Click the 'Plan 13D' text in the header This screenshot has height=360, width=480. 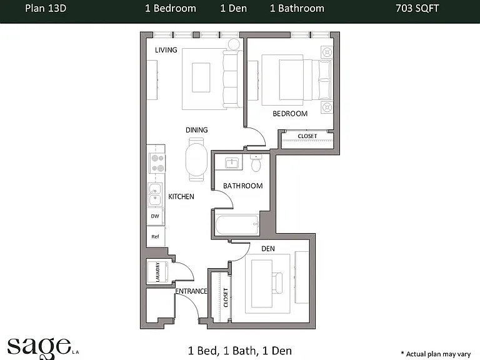(x=46, y=8)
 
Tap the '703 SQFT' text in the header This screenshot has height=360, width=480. (x=417, y=8)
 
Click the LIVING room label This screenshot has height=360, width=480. (x=166, y=50)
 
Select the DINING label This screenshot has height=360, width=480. (x=196, y=130)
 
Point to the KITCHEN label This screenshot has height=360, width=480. (x=181, y=196)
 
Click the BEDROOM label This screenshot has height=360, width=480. (x=290, y=114)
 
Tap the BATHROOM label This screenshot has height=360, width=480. (x=242, y=186)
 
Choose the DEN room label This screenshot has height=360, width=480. (x=268, y=249)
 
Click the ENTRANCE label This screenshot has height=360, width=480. (x=191, y=291)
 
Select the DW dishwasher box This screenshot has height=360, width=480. (x=155, y=216)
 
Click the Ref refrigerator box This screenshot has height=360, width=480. (x=156, y=236)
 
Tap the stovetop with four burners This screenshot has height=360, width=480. (x=157, y=163)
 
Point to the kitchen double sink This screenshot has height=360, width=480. (x=155, y=195)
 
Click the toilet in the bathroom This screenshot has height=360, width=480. (x=256, y=162)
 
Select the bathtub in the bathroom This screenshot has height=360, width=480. (x=237, y=225)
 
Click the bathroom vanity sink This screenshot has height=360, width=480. (x=232, y=162)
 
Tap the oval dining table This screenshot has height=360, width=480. (x=196, y=159)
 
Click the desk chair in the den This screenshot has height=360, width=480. (x=277, y=283)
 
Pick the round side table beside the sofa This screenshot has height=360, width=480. (x=234, y=44)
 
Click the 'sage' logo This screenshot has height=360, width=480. (x=39, y=347)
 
